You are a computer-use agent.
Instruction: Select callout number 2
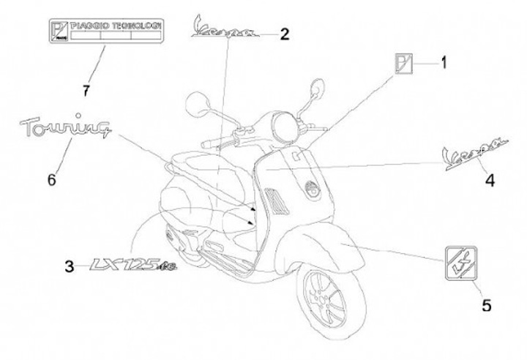coord(285,34)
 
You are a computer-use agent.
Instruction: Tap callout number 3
coord(70,267)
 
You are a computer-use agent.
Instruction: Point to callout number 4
coord(489,179)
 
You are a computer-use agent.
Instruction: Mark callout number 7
coord(86,91)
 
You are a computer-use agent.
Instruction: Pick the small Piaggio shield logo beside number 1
coord(404,64)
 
